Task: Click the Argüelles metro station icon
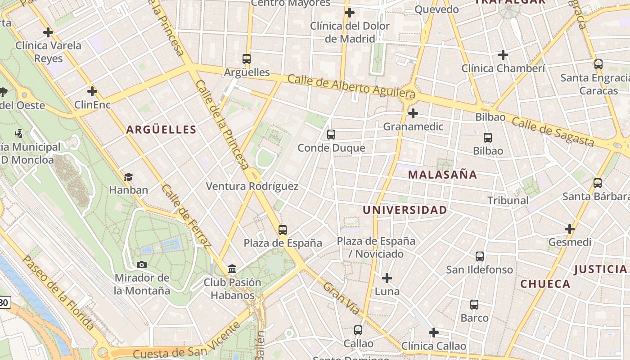tap(246, 58)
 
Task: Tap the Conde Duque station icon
tap(331, 134)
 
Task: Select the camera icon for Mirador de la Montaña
tap(142, 265)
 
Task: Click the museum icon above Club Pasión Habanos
tap(232, 269)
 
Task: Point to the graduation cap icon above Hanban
tap(129, 177)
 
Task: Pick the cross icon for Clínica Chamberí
tap(503, 55)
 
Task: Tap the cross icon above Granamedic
tap(413, 113)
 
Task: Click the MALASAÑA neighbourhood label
tap(442, 175)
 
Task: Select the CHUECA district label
tap(545, 284)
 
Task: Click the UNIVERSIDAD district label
tap(405, 210)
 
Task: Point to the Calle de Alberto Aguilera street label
tap(351, 86)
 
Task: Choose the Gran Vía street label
tap(342, 298)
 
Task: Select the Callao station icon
tap(358, 330)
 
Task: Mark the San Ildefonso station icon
tap(480, 256)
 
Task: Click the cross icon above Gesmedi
tap(570, 229)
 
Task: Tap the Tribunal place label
tap(508, 201)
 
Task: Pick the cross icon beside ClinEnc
tap(92, 92)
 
